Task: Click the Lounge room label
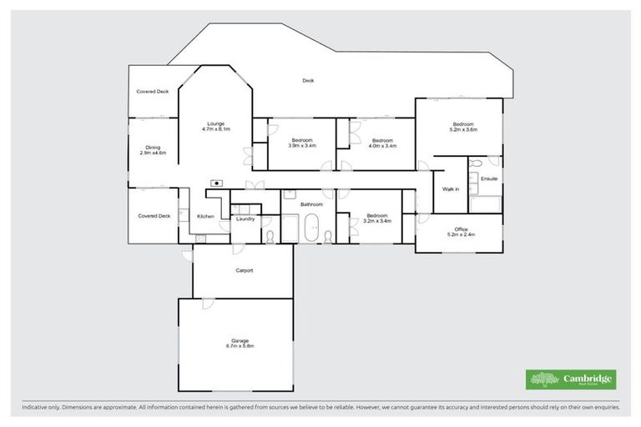[215, 127]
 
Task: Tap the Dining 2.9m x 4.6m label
[154, 150]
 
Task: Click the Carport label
[245, 270]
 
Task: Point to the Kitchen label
[205, 216]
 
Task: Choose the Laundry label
[245, 219]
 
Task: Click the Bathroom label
[312, 203]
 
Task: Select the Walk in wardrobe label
[451, 189]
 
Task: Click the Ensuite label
[489, 178]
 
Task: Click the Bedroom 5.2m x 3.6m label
[463, 127]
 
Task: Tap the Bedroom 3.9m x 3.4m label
[302, 143]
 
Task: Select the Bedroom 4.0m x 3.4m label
[382, 143]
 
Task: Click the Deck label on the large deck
[308, 81]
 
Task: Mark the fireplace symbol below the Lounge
[217, 182]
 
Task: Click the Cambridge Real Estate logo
[571, 379]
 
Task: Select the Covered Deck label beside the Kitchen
[154, 216]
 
